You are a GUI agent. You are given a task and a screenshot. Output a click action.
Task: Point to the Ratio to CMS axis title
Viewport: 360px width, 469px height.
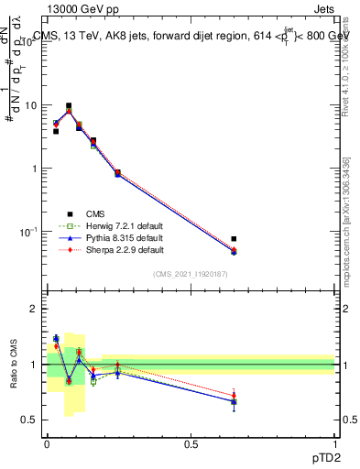point(15,365)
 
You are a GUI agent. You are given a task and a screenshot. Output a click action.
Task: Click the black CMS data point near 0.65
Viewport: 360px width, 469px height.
point(234,239)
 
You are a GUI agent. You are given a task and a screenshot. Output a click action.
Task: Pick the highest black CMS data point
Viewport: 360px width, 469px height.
point(69,106)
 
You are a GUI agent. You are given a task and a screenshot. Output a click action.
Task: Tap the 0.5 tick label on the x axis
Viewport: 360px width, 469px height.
point(191,443)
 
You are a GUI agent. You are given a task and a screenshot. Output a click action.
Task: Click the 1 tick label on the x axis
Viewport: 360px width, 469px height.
point(333,443)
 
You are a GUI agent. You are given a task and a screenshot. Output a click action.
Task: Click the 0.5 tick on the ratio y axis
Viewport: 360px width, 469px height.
point(29,420)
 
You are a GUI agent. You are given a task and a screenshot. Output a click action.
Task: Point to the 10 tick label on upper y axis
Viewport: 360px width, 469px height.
point(29,105)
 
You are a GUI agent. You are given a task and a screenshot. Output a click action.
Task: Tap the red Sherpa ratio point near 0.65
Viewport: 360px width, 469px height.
point(234,395)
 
